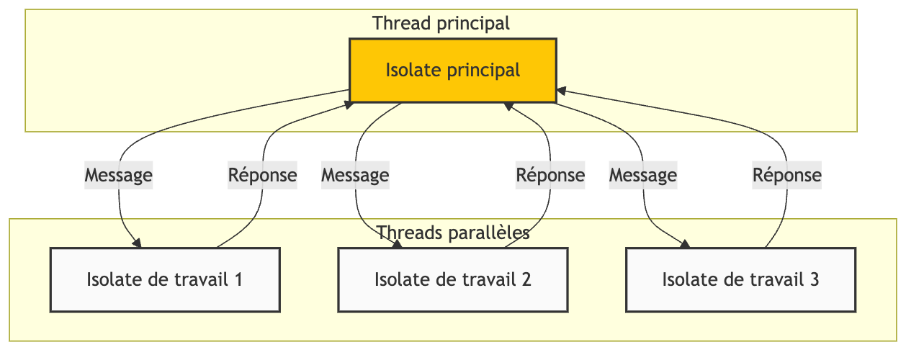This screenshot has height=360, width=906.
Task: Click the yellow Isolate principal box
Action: (453, 71)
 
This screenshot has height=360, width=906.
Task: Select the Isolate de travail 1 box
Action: (165, 280)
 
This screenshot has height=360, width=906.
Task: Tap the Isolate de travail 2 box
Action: (453, 280)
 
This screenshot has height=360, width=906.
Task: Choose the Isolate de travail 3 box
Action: (740, 280)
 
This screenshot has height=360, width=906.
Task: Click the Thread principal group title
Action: (441, 23)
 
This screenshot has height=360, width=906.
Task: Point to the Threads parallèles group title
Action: (453, 233)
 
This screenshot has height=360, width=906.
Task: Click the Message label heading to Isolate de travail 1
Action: (119, 175)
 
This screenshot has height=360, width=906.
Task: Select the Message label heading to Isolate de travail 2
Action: (355, 175)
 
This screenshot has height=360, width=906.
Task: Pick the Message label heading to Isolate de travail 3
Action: (643, 175)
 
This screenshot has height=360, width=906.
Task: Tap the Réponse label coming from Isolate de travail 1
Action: (262, 175)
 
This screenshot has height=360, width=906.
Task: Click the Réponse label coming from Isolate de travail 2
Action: (550, 175)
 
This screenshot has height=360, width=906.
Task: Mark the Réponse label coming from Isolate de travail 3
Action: (787, 175)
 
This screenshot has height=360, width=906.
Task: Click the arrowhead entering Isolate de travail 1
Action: (137, 243)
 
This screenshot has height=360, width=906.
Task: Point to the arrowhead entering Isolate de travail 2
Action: (398, 244)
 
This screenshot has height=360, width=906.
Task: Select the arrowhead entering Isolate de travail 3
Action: (686, 244)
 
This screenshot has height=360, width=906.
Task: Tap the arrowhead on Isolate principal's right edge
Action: (562, 91)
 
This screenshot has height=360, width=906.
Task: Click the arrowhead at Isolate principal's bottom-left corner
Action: (349, 105)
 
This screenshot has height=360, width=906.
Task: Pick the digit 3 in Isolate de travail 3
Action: (815, 279)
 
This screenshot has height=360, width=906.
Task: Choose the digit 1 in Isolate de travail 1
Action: (238, 279)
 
